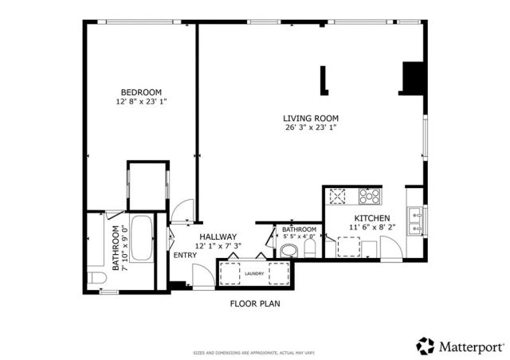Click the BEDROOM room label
click(x=141, y=92)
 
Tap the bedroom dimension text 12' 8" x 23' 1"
click(x=141, y=101)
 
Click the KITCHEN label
click(x=371, y=218)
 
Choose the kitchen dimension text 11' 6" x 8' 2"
click(x=371, y=228)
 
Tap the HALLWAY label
click(x=217, y=237)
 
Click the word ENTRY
click(x=185, y=255)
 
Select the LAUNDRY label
click(x=255, y=273)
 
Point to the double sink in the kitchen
click(x=414, y=221)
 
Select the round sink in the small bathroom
click(x=288, y=251)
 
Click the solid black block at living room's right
click(x=412, y=77)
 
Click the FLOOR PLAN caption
click(x=255, y=303)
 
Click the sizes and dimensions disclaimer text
click(x=254, y=352)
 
